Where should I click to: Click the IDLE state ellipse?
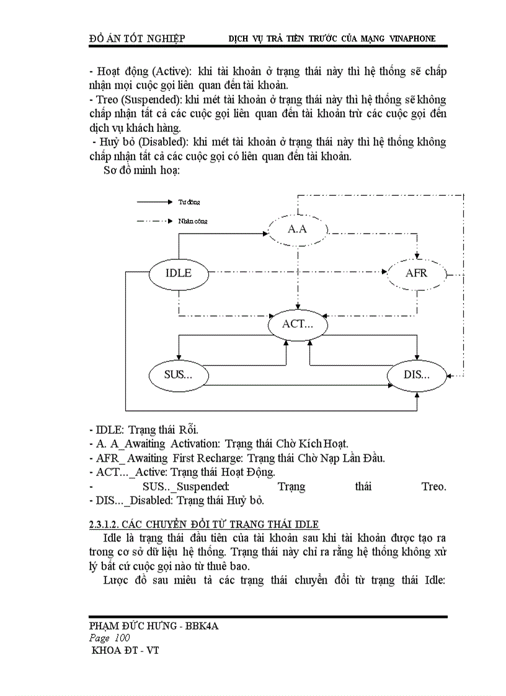[x=179, y=273]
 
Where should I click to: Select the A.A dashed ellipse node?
[x=298, y=229]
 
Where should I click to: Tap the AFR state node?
[x=416, y=273]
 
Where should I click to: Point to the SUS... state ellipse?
[x=179, y=374]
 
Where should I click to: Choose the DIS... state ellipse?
[x=416, y=374]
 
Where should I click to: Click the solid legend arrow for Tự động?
[x=154, y=201]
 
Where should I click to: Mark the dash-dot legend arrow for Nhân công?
[x=154, y=220]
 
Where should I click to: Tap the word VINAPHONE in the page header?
[x=412, y=38]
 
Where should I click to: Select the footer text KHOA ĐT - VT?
[x=125, y=651]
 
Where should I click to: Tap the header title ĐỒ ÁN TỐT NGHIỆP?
[x=137, y=38]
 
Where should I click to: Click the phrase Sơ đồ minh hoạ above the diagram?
[x=141, y=170]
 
